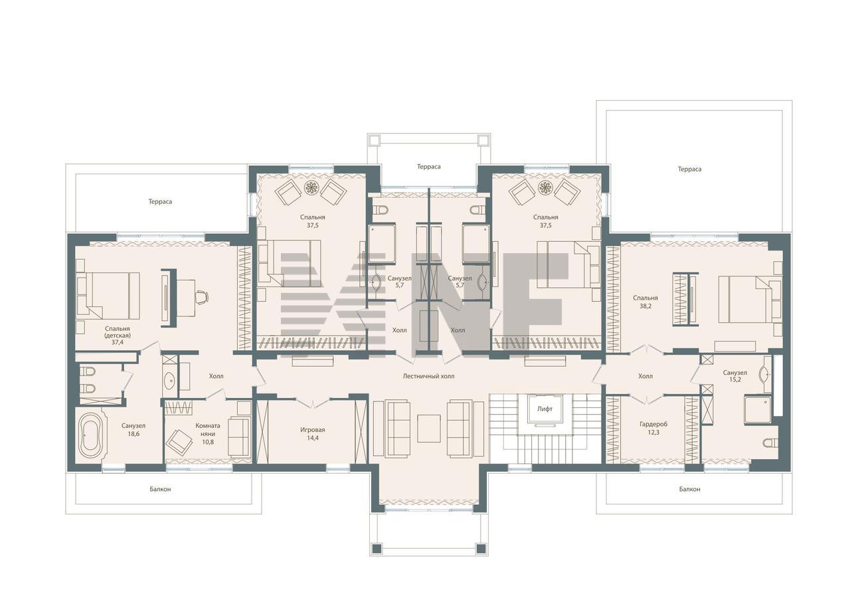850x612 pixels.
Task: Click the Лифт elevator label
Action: point(545,409)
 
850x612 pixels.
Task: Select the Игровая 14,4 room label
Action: point(313,433)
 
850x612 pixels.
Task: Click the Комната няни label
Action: point(208,429)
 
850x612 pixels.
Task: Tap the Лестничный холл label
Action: point(428,376)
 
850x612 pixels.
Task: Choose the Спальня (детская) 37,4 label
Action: point(118,335)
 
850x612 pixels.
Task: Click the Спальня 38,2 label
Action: point(645,302)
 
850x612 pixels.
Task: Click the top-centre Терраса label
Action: point(429,167)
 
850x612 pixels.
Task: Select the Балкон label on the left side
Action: point(160,489)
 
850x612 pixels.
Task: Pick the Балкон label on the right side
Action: point(689,489)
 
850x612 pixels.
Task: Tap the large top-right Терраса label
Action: point(689,169)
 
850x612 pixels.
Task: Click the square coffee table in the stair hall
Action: point(429,428)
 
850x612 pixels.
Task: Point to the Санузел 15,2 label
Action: point(735,376)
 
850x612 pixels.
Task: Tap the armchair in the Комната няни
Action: point(179,441)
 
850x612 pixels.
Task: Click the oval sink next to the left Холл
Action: point(169,379)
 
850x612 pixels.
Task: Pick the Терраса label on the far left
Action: point(160,201)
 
